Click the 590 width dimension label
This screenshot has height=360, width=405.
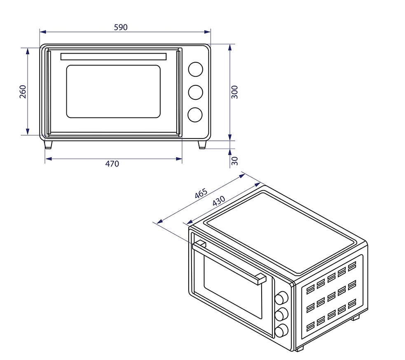[x=121, y=27]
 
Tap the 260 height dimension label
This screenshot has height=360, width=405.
[x=23, y=92]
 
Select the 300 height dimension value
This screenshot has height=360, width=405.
[x=234, y=92]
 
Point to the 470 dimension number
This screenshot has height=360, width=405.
[x=112, y=164]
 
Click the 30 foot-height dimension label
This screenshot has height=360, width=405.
[x=234, y=161]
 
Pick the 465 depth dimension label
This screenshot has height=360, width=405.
[x=201, y=193]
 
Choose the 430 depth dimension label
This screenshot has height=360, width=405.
[x=218, y=200]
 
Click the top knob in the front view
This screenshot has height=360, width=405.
[x=196, y=69]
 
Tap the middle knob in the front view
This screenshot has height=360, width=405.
[x=196, y=92]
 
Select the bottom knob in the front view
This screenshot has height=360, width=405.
[x=195, y=115]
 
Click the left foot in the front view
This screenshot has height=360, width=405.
[x=48, y=145]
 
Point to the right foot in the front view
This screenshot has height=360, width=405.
[x=202, y=145]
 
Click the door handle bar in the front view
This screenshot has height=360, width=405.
[x=113, y=56]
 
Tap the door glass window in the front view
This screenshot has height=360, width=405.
[x=113, y=92]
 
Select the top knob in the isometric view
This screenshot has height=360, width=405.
[x=281, y=298]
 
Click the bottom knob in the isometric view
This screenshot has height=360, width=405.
[x=281, y=331]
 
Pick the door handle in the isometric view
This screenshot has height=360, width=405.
[x=229, y=262]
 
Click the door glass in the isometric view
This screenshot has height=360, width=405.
[x=233, y=287]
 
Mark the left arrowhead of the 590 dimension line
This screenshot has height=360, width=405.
[x=43, y=32]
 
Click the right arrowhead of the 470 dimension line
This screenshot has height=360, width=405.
[x=179, y=159]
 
